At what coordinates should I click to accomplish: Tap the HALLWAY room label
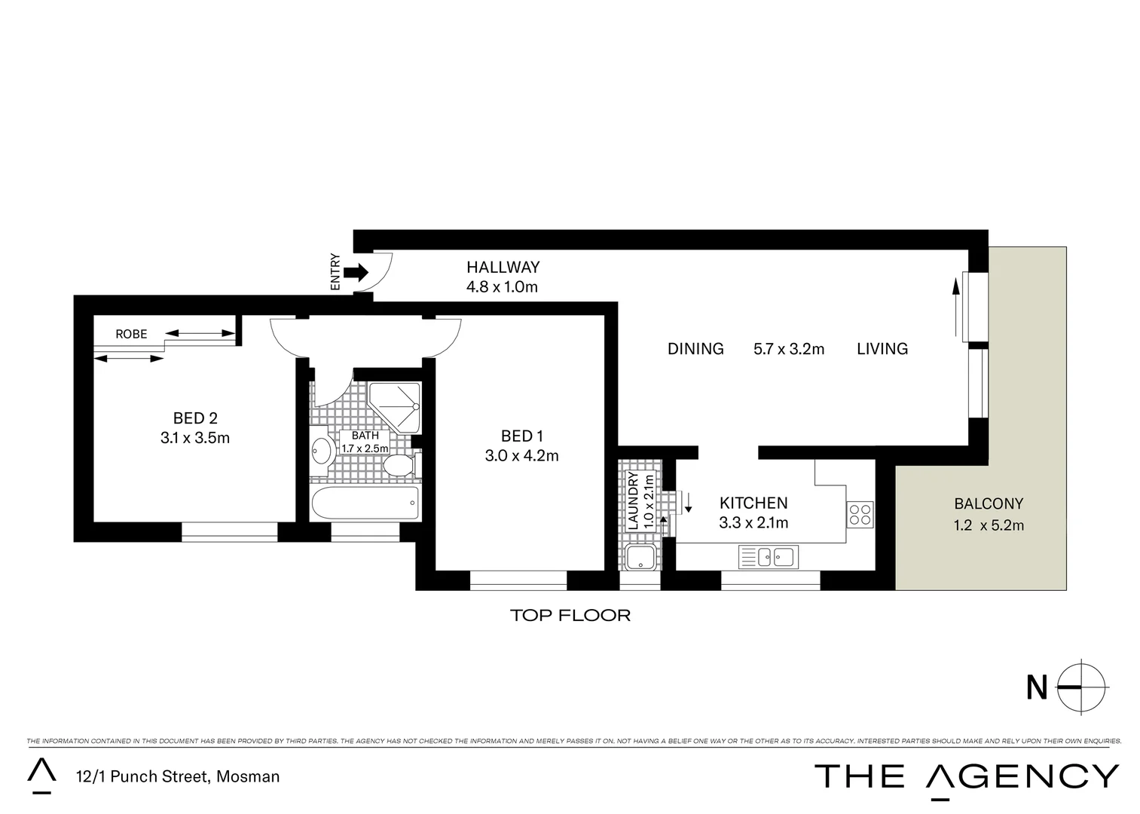[503, 267]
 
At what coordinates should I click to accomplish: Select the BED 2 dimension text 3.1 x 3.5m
[194, 437]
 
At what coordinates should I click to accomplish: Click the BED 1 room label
[522, 436]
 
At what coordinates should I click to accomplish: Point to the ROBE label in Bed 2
[131, 334]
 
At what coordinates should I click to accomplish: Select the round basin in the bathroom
[323, 451]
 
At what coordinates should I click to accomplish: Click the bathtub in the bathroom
[365, 503]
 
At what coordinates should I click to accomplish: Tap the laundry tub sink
[640, 558]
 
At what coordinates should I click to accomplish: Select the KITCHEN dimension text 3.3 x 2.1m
[753, 522]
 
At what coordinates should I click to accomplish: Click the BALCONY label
[989, 503]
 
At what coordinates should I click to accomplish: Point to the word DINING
[695, 348]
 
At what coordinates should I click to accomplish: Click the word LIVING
[882, 348]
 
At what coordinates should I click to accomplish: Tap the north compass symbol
[1082, 687]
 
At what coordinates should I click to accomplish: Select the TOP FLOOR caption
[570, 615]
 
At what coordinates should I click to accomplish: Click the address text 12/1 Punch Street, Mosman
[177, 776]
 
